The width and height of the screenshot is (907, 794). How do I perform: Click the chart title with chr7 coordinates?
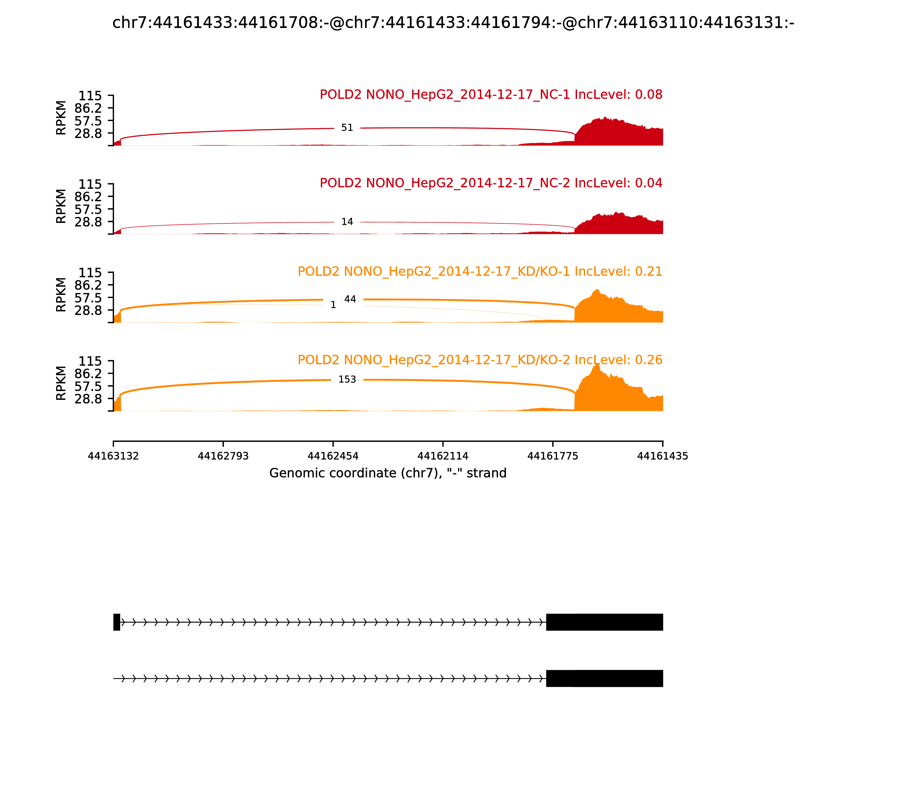(453, 23)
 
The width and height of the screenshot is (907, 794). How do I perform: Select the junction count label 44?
(350, 299)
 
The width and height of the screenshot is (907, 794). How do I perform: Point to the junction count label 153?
(347, 380)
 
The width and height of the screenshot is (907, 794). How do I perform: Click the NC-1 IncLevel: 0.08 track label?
(491, 95)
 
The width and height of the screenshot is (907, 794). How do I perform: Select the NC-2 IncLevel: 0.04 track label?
(491, 183)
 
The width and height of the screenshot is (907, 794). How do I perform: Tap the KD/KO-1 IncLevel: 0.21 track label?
(480, 272)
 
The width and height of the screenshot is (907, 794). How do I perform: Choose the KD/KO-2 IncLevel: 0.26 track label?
(480, 360)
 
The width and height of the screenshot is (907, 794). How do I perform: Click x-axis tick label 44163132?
(113, 456)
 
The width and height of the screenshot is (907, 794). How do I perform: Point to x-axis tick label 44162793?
(223, 456)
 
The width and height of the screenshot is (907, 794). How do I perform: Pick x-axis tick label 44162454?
(333, 456)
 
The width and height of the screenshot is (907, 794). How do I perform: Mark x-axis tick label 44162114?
(443, 456)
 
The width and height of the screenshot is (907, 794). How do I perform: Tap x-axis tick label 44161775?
(553, 456)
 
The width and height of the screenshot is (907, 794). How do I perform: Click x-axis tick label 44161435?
(663, 456)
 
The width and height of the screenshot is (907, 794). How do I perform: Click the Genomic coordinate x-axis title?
(388, 474)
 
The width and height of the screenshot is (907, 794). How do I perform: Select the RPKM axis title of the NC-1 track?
(61, 118)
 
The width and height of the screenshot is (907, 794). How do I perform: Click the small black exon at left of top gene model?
(117, 622)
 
